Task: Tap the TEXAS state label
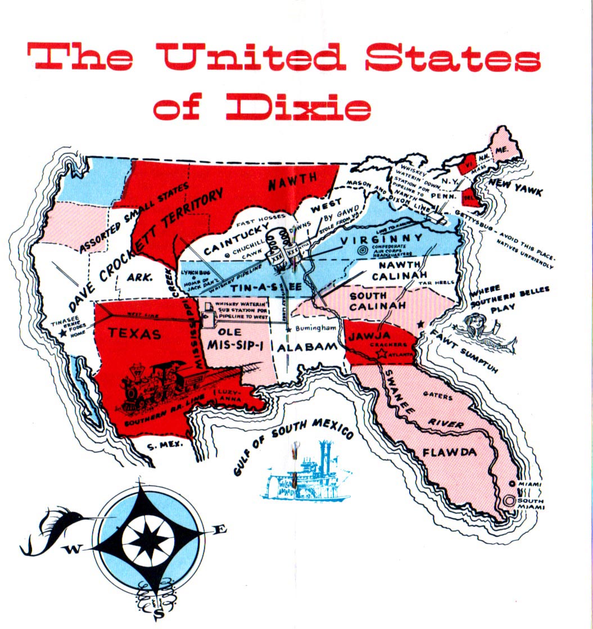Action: (x=135, y=333)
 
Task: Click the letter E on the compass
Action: (x=221, y=529)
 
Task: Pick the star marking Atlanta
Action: (x=384, y=353)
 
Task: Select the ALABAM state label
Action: (x=307, y=347)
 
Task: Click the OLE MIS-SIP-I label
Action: (x=232, y=338)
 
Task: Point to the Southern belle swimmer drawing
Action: (x=485, y=331)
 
